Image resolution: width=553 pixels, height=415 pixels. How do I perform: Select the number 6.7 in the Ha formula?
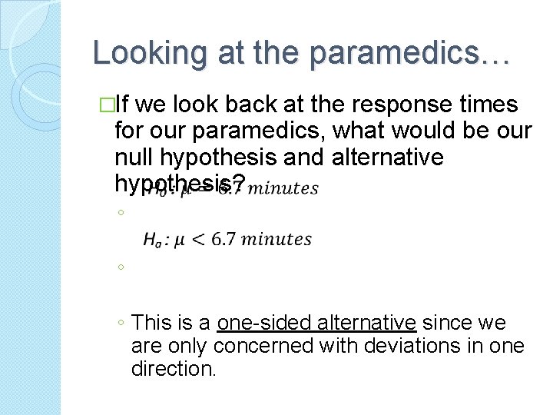[224, 240]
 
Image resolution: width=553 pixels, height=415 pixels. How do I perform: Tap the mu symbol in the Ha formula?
[180, 241]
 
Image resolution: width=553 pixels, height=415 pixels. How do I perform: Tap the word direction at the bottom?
[174, 369]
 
